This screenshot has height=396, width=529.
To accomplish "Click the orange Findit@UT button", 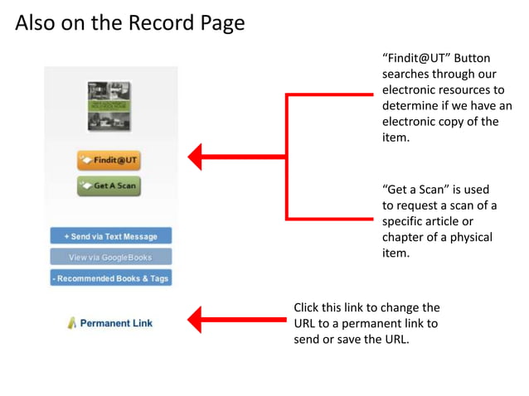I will click(109, 160).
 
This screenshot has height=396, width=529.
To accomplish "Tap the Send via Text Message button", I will click(110, 236).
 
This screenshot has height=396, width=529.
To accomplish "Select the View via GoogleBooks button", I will click(110, 257).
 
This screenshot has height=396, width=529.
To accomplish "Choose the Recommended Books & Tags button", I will click(110, 278).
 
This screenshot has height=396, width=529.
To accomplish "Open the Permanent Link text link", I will click(116, 323).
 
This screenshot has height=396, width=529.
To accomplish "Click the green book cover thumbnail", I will click(109, 106).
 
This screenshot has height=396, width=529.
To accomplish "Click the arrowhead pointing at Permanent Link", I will click(195, 317).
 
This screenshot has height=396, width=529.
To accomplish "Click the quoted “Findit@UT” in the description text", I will click(414, 58).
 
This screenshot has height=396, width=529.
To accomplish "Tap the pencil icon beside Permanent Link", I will click(71, 323).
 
